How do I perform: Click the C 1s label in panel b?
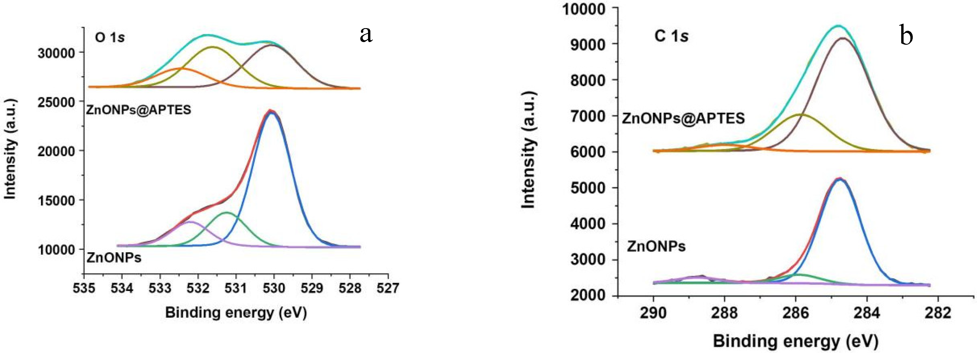(671, 36)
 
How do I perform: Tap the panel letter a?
(366, 35)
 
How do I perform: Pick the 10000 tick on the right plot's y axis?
(583, 8)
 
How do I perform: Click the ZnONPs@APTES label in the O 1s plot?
(139, 110)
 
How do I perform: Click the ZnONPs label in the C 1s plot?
(656, 247)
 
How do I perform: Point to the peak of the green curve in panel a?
(227, 213)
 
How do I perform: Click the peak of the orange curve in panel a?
(181, 68)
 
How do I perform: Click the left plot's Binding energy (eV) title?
(236, 313)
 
